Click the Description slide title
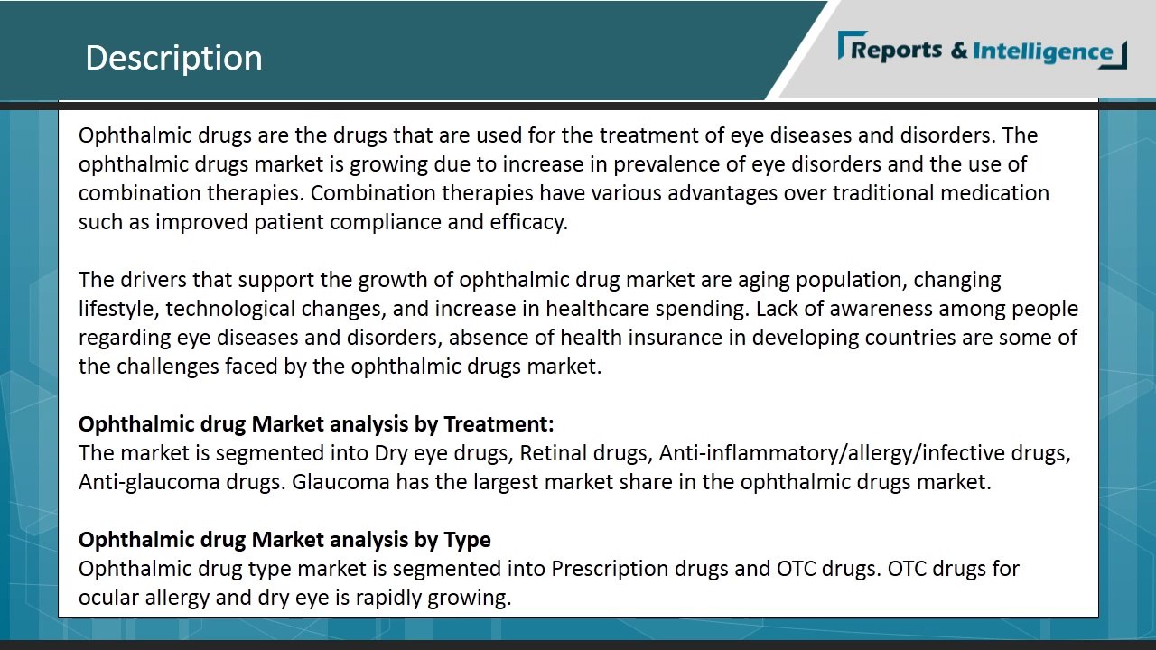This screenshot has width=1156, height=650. (x=173, y=58)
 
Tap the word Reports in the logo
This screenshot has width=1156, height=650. (x=896, y=51)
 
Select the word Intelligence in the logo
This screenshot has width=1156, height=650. (x=1042, y=51)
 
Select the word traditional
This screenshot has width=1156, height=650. (x=882, y=193)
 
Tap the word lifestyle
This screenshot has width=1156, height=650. (x=119, y=309)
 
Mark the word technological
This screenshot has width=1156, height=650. (x=230, y=309)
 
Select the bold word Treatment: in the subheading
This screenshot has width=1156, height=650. (x=499, y=424)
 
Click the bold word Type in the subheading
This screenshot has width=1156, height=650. (x=467, y=540)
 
